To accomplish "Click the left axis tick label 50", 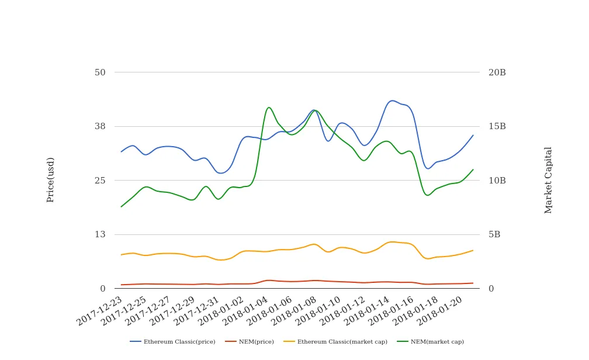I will coord(100,72).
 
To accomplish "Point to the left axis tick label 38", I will coord(100,126).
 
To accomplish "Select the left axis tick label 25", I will coord(100,181).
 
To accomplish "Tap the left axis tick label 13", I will coord(100,234).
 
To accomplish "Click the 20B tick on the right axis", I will coord(497,72).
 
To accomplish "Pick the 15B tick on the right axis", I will coord(497,126).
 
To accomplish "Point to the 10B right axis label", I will coord(497,181).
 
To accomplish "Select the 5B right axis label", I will coord(494,234).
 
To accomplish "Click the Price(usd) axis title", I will coord(50,180).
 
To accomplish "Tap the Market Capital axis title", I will coord(548,180).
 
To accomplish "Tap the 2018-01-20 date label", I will coord(442,310).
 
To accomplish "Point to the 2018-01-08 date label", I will coord(296,310).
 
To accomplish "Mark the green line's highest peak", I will coord(269,108).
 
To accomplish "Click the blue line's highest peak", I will coord(391,101).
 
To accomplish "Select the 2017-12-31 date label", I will coord(198,310).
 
